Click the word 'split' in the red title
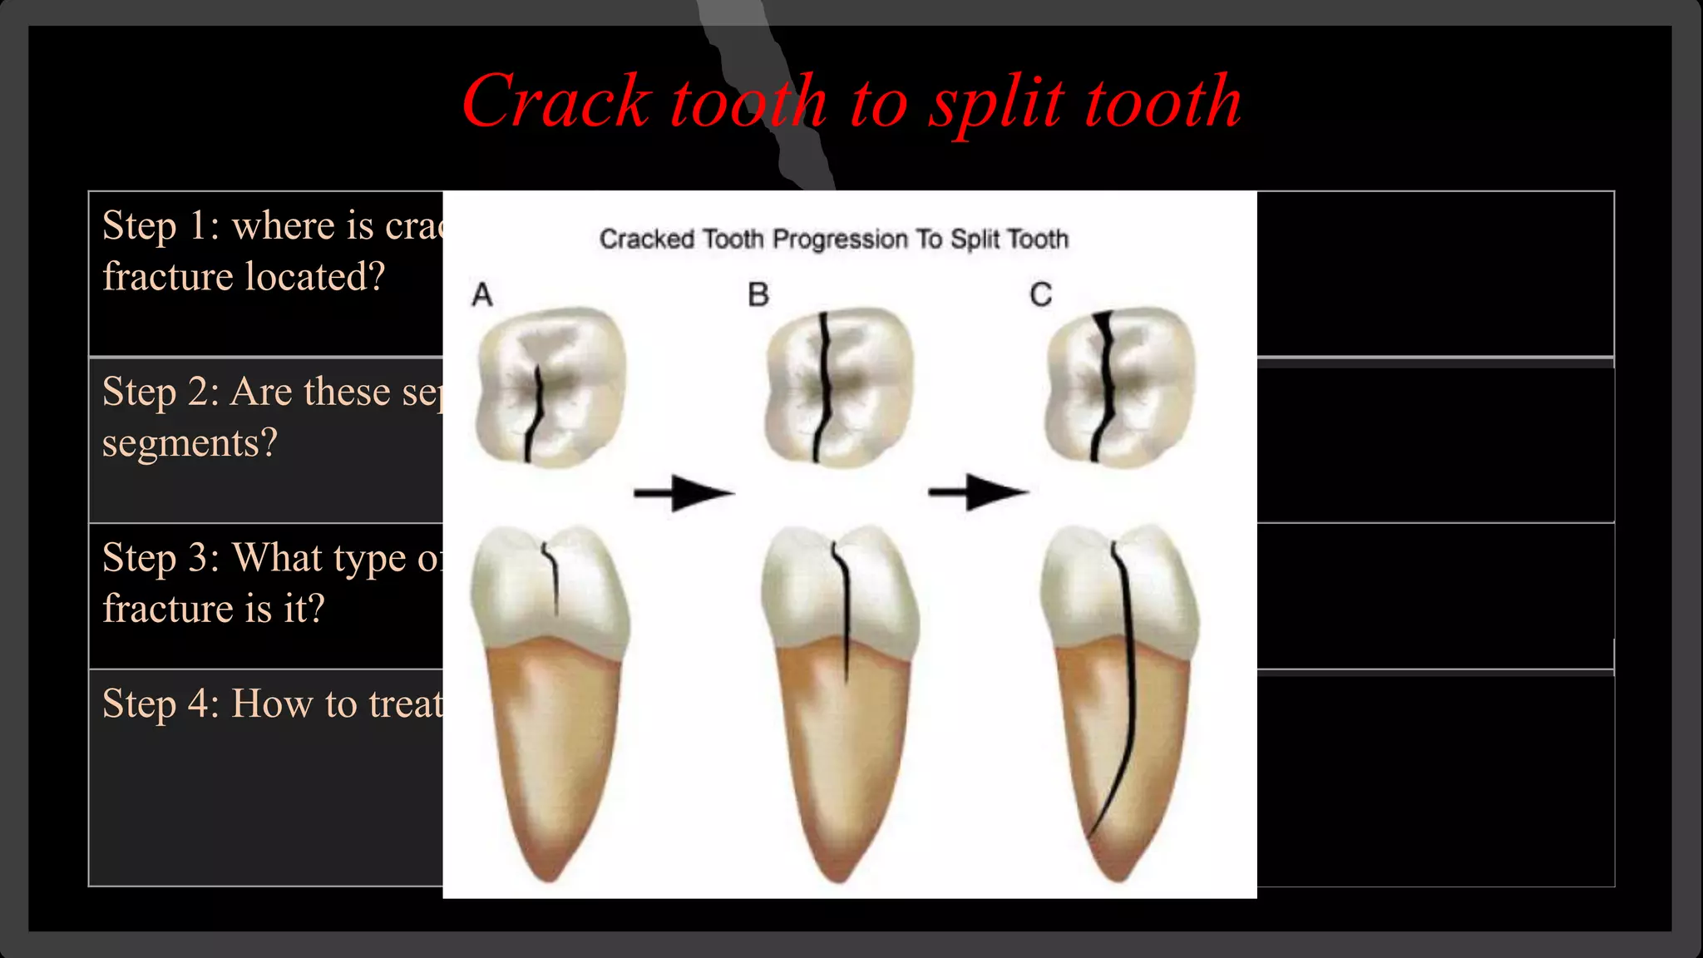[995, 103]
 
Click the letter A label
[482, 295]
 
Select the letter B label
[758, 295]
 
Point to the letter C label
[1040, 295]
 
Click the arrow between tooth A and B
[684, 493]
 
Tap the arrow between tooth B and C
[978, 491]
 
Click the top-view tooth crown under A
[550, 386]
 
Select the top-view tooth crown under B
[838, 386]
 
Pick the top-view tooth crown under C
[1120, 386]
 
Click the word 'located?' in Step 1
[314, 277]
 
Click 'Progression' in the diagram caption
[840, 239]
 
